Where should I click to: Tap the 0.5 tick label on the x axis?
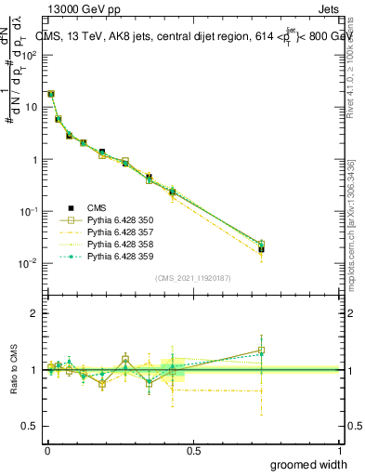[194, 450]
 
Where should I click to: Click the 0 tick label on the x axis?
[46, 450]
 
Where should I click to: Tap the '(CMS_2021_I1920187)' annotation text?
[193, 278]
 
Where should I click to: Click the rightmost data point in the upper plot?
[262, 248]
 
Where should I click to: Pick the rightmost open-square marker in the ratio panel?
[262, 350]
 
